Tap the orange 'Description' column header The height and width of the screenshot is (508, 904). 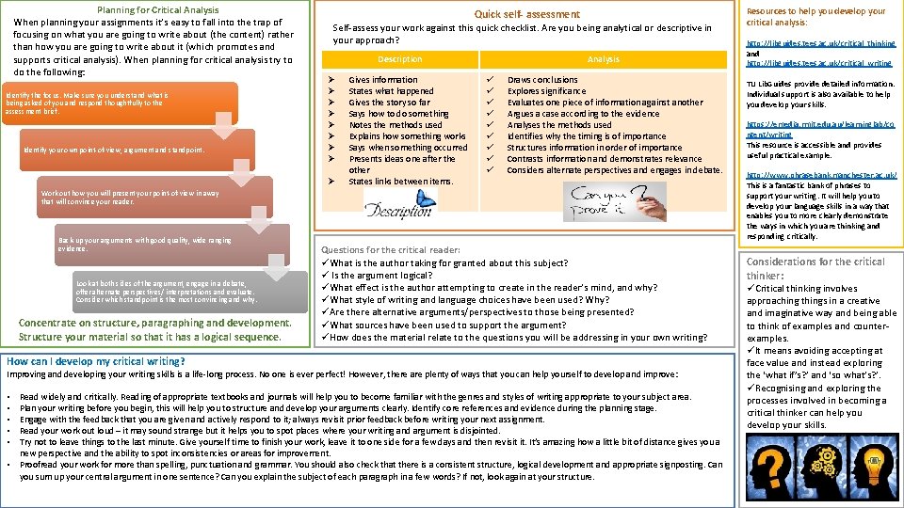point(399,59)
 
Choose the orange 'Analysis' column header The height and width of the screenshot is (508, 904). point(603,59)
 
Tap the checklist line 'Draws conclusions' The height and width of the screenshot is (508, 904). point(542,80)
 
